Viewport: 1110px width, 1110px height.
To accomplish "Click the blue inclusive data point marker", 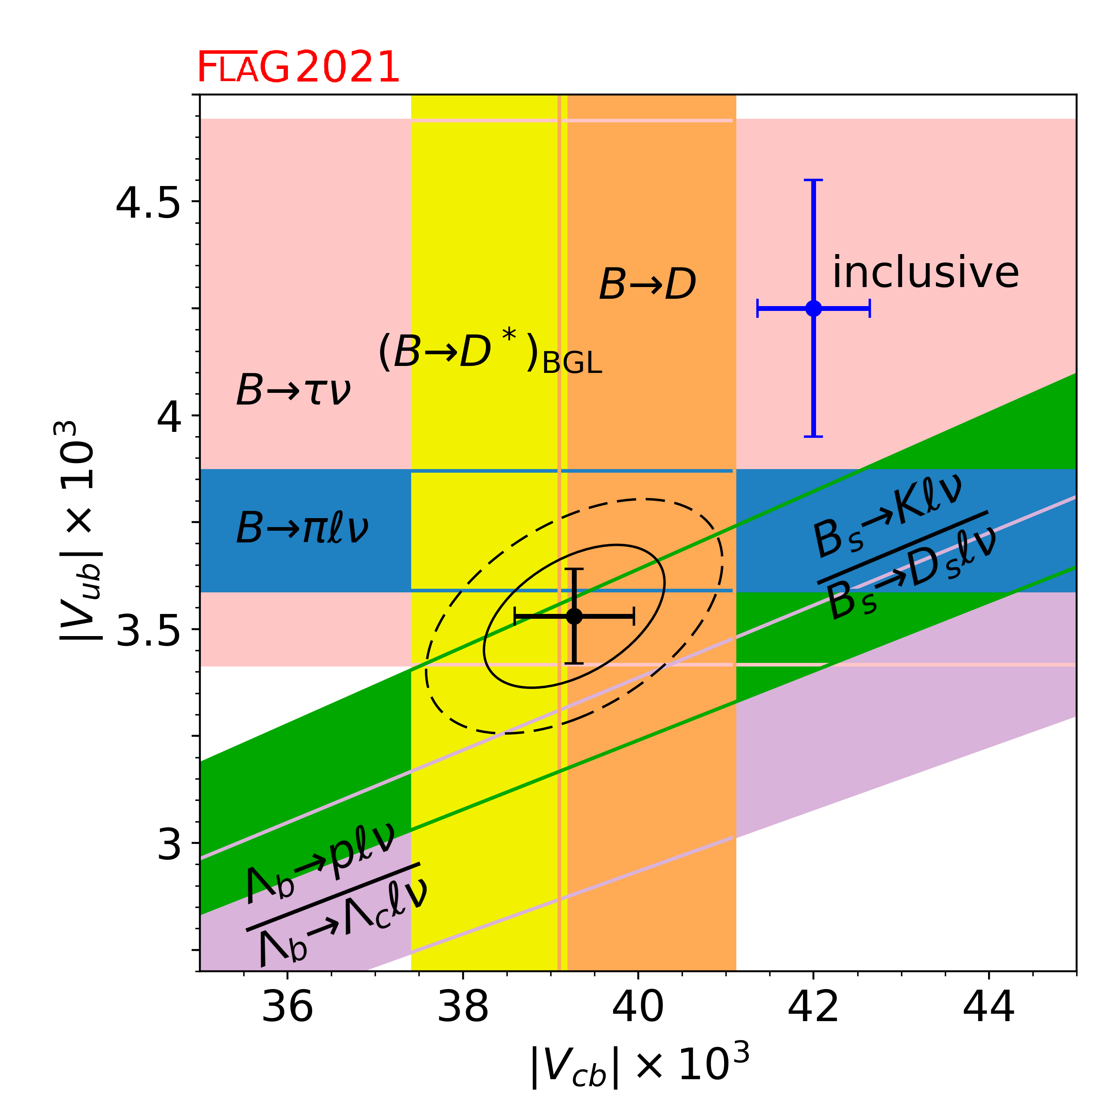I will pyautogui.click(x=813, y=309).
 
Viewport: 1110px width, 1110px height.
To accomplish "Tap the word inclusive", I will pyautogui.click(x=925, y=272).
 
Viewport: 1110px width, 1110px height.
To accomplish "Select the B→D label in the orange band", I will pyautogui.click(x=647, y=284).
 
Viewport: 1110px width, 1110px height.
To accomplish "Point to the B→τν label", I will pyautogui.click(x=293, y=391).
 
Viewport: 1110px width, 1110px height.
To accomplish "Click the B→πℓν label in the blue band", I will pyautogui.click(x=302, y=528).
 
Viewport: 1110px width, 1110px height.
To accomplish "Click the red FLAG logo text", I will pyautogui.click(x=243, y=68).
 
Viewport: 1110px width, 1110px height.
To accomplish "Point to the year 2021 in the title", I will pyautogui.click(x=348, y=68).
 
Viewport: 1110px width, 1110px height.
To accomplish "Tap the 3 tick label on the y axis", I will pyautogui.click(x=170, y=844).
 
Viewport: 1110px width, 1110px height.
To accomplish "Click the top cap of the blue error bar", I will pyautogui.click(x=813, y=180).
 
